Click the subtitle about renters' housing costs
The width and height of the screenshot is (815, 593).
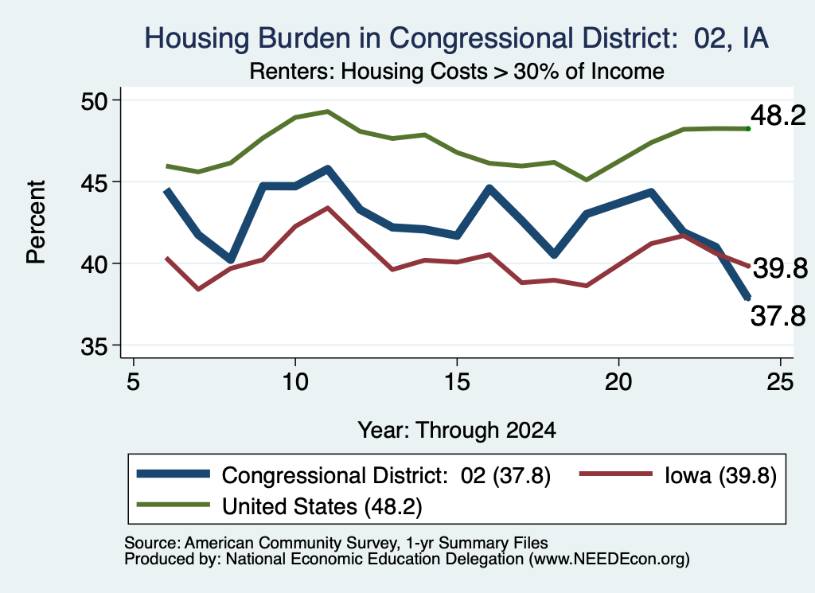point(457,71)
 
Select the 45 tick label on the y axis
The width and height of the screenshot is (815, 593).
point(94,182)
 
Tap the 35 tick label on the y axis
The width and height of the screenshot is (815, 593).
point(94,346)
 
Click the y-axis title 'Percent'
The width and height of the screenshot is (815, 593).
point(36,222)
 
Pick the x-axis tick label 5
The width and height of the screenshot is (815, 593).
point(134,382)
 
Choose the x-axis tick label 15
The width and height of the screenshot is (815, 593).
point(457,382)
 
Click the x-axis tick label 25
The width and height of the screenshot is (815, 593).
point(780,382)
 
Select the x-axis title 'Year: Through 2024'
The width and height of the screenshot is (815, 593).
point(457,431)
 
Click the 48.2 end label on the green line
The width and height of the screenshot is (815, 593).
point(778,115)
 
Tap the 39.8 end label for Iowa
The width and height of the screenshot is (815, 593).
point(780,268)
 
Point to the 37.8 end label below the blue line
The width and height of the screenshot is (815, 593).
point(778,315)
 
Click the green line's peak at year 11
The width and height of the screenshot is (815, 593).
point(327,111)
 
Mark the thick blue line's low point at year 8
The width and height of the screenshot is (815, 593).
point(231,259)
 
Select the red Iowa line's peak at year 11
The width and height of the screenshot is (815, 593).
point(327,208)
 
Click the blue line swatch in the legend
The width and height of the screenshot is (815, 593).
point(173,474)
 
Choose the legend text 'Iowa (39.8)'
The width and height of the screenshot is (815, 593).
point(720,475)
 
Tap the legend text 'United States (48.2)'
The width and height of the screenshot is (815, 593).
point(322,506)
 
